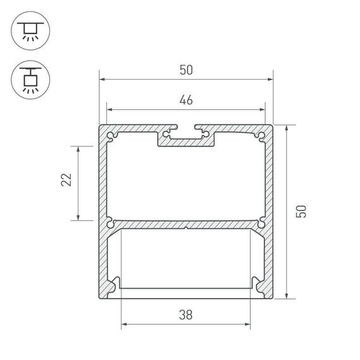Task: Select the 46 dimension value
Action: click(x=186, y=99)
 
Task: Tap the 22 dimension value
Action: click(x=65, y=182)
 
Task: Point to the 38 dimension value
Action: click(x=186, y=313)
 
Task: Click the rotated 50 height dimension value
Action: click(x=303, y=211)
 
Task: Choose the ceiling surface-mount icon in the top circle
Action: click(x=28, y=30)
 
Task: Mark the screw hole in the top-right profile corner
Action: click(x=260, y=135)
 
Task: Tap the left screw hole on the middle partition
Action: click(x=111, y=222)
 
